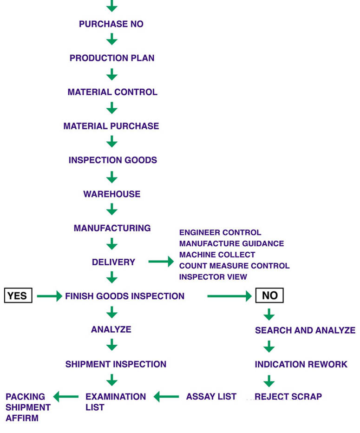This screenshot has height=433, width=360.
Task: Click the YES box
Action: tap(18, 296)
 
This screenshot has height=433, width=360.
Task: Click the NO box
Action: tap(269, 296)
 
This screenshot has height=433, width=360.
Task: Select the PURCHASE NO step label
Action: tap(111, 24)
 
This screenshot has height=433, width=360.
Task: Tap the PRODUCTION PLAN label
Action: tap(112, 58)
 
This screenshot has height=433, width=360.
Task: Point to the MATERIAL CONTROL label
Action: tap(112, 92)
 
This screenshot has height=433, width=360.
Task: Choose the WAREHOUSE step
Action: tap(112, 194)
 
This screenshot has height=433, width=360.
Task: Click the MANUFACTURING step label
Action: tap(112, 228)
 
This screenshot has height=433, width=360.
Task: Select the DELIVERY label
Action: tap(113, 262)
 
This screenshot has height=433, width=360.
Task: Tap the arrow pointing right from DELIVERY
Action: tap(161, 262)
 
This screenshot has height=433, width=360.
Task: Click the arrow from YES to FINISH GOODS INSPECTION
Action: tap(49, 296)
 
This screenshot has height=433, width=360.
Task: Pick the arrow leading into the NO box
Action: tap(229, 296)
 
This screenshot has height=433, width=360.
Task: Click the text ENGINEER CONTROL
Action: tap(220, 232)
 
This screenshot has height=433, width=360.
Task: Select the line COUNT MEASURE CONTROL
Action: tap(234, 266)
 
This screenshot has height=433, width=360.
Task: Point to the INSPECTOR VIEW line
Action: tap(213, 277)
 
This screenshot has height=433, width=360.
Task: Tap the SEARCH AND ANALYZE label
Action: tap(305, 330)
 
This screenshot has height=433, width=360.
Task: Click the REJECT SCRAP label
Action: tap(288, 397)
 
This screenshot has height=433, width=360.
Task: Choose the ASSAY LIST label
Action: tap(211, 397)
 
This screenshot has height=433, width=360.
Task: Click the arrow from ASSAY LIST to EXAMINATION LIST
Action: tap(166, 397)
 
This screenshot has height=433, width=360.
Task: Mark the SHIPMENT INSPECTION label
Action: tap(116, 364)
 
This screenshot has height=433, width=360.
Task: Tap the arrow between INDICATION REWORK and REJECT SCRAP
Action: tap(269, 381)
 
